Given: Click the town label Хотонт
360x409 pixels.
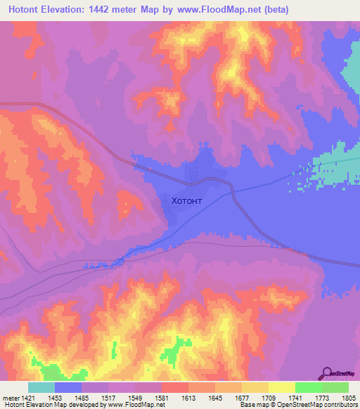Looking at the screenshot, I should (x=186, y=200).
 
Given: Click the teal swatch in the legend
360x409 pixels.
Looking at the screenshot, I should (x=41, y=388).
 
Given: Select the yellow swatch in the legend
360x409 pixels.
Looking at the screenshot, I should (x=281, y=388).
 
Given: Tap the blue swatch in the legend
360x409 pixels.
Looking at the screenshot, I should (x=68, y=388).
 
